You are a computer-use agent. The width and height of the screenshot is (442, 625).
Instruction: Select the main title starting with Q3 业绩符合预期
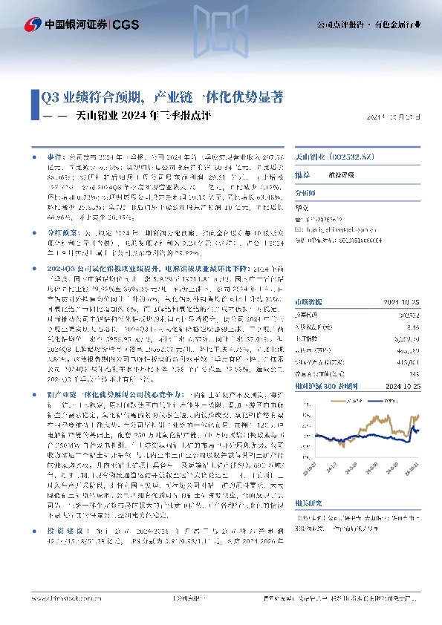pos(161,97)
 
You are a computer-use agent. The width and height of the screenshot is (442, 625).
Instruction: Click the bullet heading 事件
pos(56,158)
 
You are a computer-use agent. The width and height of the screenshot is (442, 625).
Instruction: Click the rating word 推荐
pos(302,175)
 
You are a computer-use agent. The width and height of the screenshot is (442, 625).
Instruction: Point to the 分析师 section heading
pos(305,191)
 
